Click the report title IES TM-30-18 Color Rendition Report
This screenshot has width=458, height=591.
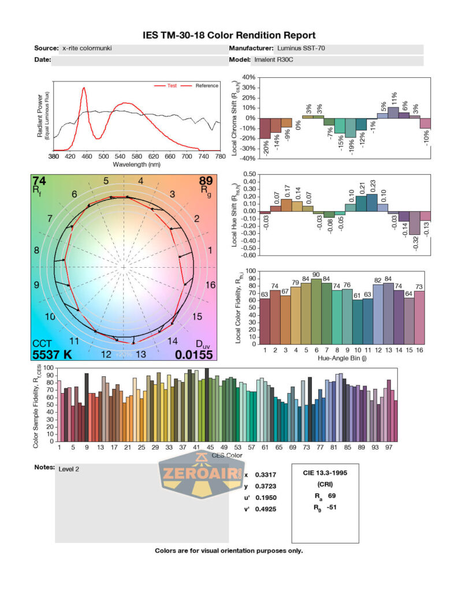coord(229,36)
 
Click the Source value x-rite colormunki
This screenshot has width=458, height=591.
coord(87,49)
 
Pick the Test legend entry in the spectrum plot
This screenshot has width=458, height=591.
coord(172,85)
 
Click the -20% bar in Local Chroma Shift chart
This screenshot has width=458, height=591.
coord(265,128)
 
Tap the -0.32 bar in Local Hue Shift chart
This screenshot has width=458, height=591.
coord(414,223)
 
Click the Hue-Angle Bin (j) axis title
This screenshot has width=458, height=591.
coord(345,358)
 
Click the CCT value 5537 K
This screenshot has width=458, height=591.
coord(52,354)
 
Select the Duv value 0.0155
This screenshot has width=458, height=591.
coord(194,354)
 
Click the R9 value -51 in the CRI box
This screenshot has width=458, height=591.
coord(331,507)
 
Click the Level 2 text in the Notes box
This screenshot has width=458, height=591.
coord(69,469)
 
